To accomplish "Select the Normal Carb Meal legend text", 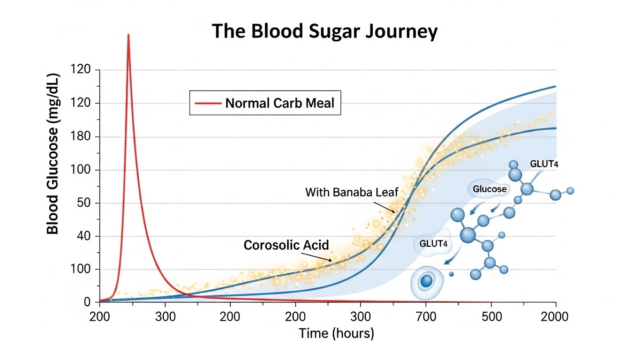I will coord(280,103).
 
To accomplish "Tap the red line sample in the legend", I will coord(207,103).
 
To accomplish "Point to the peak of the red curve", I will coord(128,36).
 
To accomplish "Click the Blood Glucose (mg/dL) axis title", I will coord(53,153).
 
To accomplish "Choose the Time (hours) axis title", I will coord(336,333).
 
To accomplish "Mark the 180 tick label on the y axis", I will coord(84,137).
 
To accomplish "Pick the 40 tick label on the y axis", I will coord(87,237).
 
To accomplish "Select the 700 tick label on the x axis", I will coord(425,316).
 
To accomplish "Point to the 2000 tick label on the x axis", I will coord(555,316).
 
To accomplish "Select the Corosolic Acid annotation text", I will coord(286,245).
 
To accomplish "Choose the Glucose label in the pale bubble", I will coord(489,189).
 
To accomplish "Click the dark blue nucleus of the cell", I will coord(426,281).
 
